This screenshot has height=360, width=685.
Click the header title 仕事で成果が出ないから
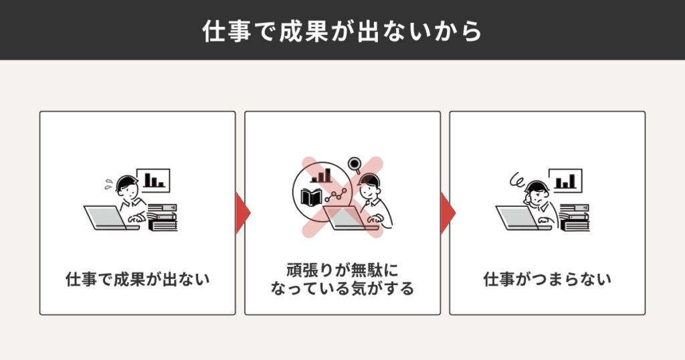(342, 31)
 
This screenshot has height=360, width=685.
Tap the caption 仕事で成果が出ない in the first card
(138, 279)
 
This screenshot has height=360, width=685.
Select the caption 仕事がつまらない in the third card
(547, 279)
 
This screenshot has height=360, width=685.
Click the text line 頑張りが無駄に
(342, 270)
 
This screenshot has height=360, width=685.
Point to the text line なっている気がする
(342, 288)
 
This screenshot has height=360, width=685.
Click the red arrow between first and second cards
(243, 213)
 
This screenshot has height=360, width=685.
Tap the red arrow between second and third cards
(448, 213)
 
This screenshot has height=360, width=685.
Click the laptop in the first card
(109, 217)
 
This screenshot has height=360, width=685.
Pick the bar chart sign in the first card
(153, 181)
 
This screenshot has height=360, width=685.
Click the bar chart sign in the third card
(566, 181)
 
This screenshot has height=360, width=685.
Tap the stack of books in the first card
(163, 217)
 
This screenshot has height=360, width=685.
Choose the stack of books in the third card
(575, 217)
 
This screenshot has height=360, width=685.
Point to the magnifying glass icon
(355, 165)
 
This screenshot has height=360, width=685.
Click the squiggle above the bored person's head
(518, 179)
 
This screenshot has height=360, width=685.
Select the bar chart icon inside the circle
(321, 175)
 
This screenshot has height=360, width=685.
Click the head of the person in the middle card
(369, 185)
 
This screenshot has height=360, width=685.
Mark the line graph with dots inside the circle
(336, 195)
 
